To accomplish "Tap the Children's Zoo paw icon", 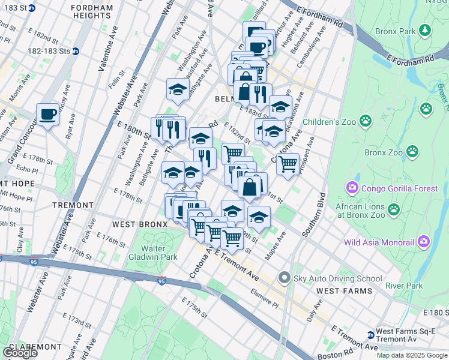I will pos(366,121).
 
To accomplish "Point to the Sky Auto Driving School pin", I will pos(285,278).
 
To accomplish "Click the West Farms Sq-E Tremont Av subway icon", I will pos(370,334).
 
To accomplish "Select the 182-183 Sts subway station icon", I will pos(76,51).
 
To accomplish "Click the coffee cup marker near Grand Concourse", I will pos(47,114).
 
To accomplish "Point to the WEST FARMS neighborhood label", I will pos(344,291).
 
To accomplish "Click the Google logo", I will pos(20,353).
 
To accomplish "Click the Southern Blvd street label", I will pos(314,214).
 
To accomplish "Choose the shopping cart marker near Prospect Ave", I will pos(288,163).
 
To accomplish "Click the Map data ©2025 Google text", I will pos(411,355).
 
